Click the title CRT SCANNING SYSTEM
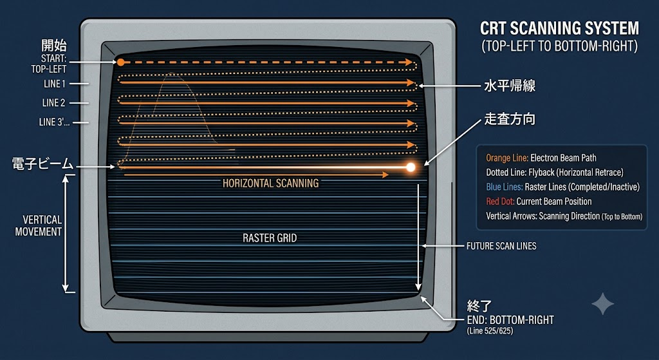click(x=559, y=28)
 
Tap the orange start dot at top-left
click(x=120, y=62)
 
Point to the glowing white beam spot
click(x=411, y=167)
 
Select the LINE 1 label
click(x=55, y=84)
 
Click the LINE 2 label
click(x=54, y=102)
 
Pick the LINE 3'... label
click(x=54, y=122)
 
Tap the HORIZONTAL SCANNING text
click(x=271, y=184)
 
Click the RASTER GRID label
click(x=270, y=238)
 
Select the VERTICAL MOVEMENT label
click(x=39, y=226)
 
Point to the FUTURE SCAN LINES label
click(x=501, y=246)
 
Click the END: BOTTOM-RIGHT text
click(x=510, y=320)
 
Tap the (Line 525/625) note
click(x=490, y=331)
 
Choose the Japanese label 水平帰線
click(x=510, y=86)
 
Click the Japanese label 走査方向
click(x=510, y=119)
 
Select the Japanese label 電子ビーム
click(x=42, y=164)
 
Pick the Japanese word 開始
click(x=54, y=46)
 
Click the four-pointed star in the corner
click(x=602, y=303)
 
